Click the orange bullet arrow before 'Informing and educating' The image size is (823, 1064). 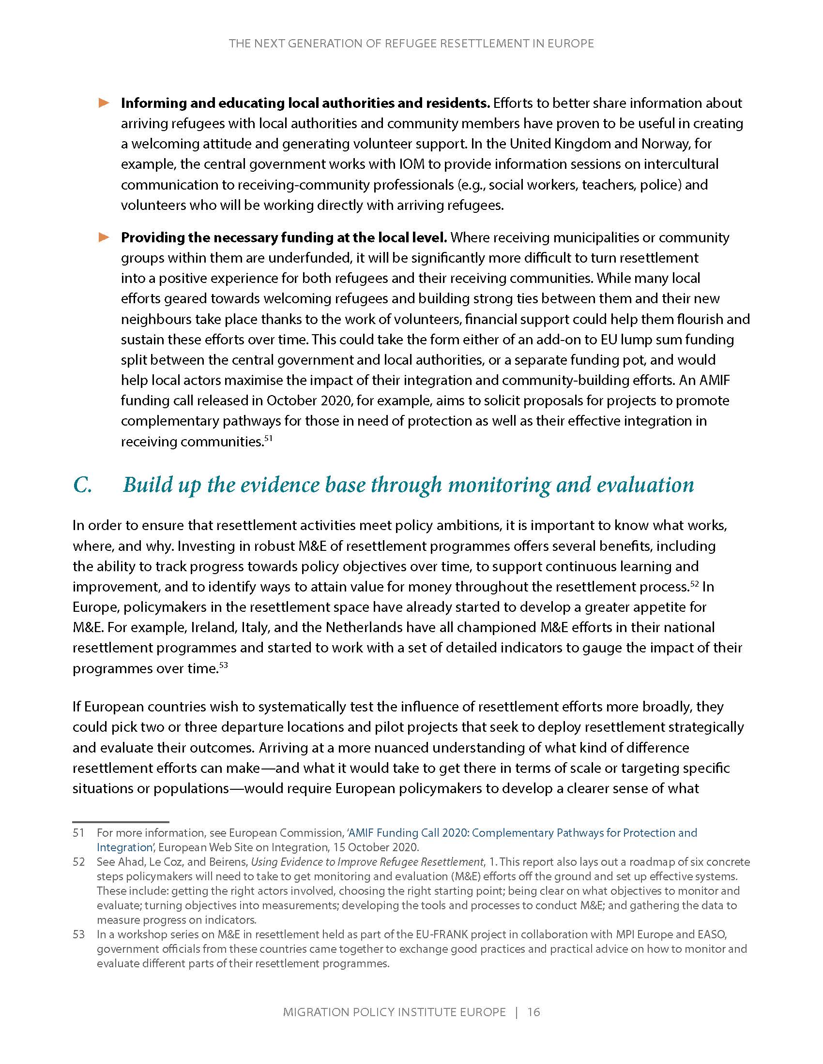(x=104, y=103)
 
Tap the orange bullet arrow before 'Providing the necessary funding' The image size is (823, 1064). (x=104, y=237)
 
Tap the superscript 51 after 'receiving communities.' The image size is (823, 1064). (x=268, y=439)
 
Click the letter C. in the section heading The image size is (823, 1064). (x=82, y=485)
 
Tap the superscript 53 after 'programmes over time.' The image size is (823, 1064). (x=224, y=665)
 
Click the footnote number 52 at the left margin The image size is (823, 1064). (x=78, y=862)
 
